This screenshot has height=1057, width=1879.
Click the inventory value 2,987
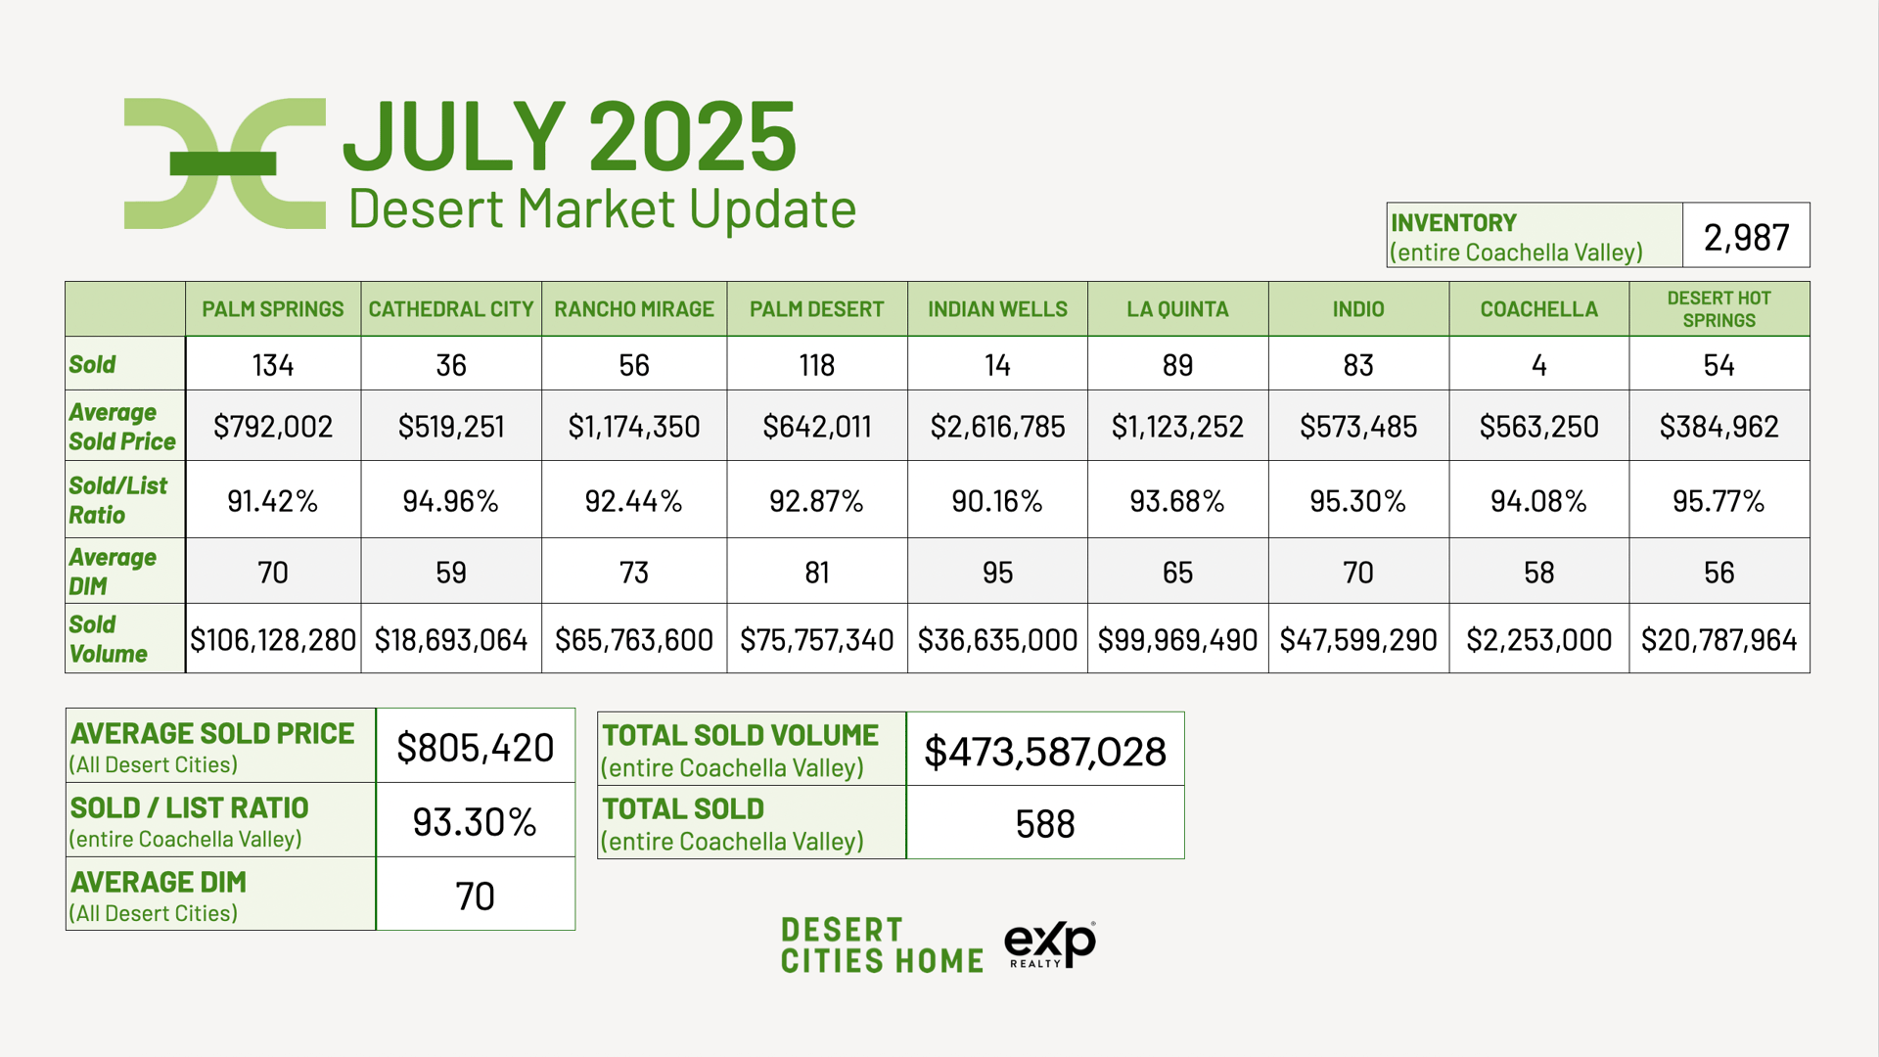coord(1746,237)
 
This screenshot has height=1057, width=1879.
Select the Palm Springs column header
coord(273,309)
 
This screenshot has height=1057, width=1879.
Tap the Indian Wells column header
coord(997,309)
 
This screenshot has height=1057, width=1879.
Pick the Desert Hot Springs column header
coord(1719,309)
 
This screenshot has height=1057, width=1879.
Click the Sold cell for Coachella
coord(1538,365)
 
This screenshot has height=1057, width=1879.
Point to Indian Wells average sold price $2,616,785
coord(997,427)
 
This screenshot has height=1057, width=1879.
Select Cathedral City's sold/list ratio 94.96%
coord(451,501)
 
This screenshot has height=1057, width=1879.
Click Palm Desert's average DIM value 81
coord(816,573)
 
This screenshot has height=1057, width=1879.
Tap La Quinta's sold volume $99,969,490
coord(1177,640)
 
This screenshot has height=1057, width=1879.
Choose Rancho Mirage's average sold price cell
coord(634,427)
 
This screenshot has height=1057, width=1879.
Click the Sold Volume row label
coord(108,638)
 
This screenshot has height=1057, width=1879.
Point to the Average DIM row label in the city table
coord(112,572)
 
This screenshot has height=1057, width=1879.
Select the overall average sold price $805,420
coord(476,748)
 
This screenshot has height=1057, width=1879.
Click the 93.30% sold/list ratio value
coord(475,822)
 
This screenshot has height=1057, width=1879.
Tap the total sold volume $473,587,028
coord(1045,752)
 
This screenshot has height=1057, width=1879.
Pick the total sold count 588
coord(1045,824)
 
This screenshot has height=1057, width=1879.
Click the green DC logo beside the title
coord(224,163)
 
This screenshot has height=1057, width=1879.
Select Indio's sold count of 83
coord(1358,365)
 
